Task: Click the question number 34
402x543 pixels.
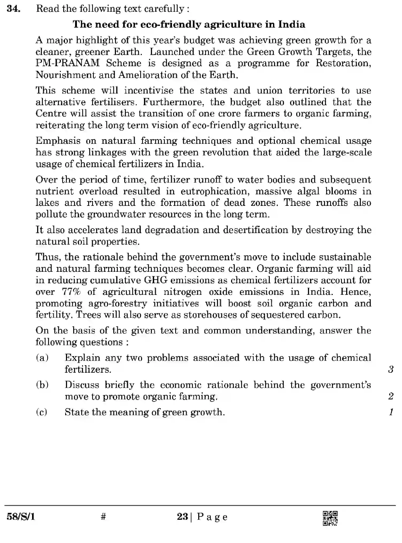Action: (13, 9)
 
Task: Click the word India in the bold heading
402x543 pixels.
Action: (291, 25)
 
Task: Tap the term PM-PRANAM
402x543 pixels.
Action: (68, 63)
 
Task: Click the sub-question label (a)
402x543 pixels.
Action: (42, 358)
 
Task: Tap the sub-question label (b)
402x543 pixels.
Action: (42, 385)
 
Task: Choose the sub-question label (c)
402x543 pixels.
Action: (42, 412)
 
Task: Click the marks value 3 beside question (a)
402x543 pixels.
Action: (391, 369)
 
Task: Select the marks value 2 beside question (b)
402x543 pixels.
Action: (391, 396)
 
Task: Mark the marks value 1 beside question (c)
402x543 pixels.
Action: (391, 412)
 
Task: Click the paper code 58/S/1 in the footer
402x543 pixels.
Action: (21, 517)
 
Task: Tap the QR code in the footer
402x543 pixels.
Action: (330, 518)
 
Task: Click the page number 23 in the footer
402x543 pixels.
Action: (182, 517)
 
